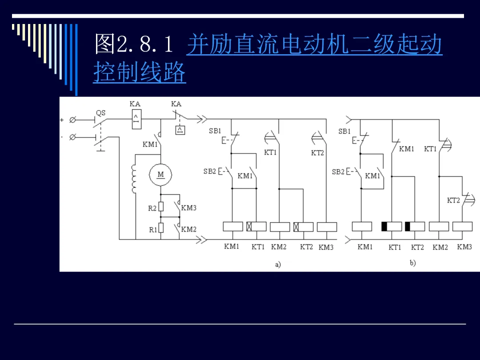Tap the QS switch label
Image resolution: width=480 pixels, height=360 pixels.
pyautogui.click(x=101, y=113)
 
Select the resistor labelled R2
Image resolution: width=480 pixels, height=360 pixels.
pyautogui.click(x=161, y=207)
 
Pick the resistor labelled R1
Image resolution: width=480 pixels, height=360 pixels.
pyautogui.click(x=161, y=228)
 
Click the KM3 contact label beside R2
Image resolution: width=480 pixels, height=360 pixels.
pyautogui.click(x=188, y=208)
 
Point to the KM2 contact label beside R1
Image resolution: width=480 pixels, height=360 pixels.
pyautogui.click(x=188, y=229)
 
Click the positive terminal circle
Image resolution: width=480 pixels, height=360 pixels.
pyautogui.click(x=72, y=120)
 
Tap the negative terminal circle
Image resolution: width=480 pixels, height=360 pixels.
pyautogui.click(x=72, y=137)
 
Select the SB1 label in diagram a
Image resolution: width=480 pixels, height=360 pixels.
pyautogui.click(x=215, y=131)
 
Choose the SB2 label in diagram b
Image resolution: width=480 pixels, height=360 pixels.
pyautogui.click(x=338, y=172)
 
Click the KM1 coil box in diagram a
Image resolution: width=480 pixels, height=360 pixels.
pyautogui.click(x=233, y=227)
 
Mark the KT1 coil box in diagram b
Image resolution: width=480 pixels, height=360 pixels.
pyautogui.click(x=392, y=227)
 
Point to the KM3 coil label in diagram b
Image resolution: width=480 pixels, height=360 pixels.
pyautogui.click(x=464, y=247)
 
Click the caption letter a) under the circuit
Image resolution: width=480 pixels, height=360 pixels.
pyautogui.click(x=278, y=264)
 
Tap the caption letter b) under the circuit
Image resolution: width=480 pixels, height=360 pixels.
pyautogui.click(x=412, y=263)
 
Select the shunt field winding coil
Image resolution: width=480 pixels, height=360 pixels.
pyautogui.click(x=134, y=179)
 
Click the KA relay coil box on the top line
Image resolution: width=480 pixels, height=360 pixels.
pyautogui.click(x=136, y=120)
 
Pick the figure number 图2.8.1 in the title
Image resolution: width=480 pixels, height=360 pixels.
pyautogui.click(x=134, y=44)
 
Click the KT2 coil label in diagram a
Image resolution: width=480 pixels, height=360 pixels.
pyautogui.click(x=306, y=247)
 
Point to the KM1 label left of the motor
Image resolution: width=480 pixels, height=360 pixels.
pyautogui.click(x=150, y=144)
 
